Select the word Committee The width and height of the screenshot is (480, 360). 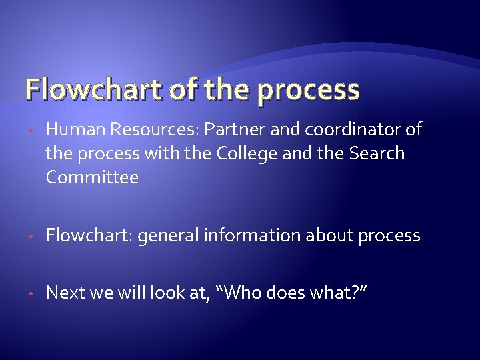[92, 178]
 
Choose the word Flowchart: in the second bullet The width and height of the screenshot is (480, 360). [91, 235]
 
